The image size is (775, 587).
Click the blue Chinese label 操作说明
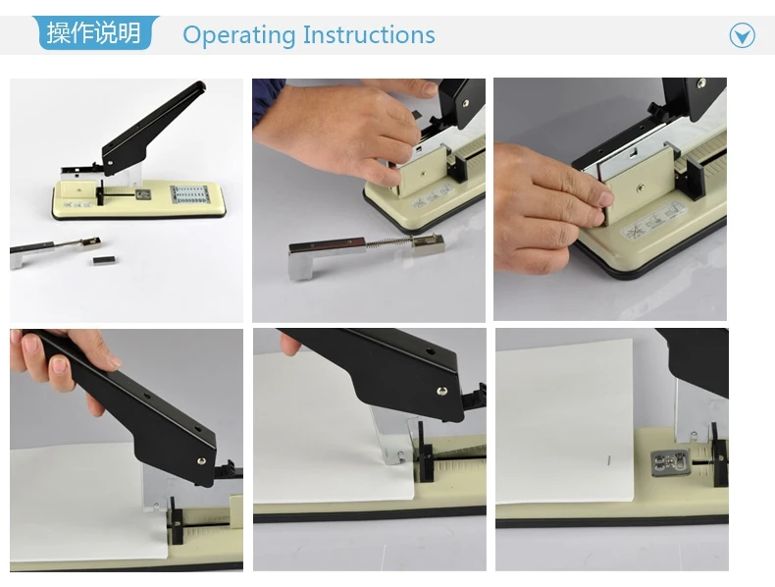[94, 32]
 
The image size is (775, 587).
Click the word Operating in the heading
[238, 35]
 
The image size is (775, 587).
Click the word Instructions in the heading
[369, 34]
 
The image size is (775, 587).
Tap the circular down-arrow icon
[742, 35]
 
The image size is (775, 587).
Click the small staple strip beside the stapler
[104, 259]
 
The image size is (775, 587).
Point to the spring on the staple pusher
[389, 244]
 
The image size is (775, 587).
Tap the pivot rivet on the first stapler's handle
[109, 160]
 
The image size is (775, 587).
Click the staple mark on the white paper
[609, 460]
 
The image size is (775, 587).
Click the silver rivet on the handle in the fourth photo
[202, 462]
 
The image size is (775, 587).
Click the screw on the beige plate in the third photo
[640, 187]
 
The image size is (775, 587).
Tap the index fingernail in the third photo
[605, 199]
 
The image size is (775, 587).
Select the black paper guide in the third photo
[687, 170]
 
